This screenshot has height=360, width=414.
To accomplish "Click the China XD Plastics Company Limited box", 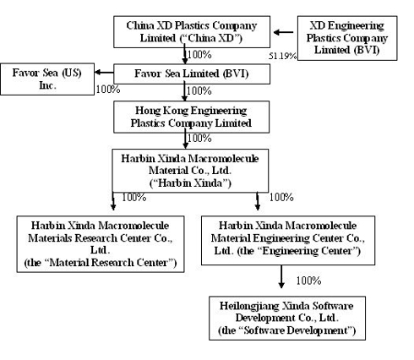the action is [192, 32].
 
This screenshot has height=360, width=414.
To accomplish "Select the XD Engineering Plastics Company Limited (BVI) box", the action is [347, 38].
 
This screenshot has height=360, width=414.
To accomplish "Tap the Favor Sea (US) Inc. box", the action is [47, 79].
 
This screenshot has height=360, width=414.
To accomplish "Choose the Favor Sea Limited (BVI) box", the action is [192, 74].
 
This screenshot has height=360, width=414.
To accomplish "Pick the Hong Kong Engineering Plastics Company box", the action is [191, 117].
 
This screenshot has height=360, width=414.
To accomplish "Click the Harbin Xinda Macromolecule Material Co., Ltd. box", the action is [190, 171].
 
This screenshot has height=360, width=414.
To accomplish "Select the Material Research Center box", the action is [101, 244].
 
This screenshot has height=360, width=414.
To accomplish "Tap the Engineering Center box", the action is [288, 240].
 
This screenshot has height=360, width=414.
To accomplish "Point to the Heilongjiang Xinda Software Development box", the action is [287, 318].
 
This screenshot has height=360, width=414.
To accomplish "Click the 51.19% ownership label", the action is [282, 56].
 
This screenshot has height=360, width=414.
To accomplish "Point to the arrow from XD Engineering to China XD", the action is [284, 32].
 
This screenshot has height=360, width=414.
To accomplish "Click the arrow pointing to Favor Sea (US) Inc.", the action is [104, 73].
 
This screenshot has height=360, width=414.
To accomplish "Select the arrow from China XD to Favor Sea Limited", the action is [185, 54].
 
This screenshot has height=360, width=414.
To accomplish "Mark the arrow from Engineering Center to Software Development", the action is [281, 276].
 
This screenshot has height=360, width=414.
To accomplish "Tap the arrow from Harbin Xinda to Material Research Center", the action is [113, 201].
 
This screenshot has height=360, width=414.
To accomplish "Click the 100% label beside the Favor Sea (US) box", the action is [108, 90].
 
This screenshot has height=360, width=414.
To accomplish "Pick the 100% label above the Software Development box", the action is [308, 281].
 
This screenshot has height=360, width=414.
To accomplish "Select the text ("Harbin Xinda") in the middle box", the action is [190, 183].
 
